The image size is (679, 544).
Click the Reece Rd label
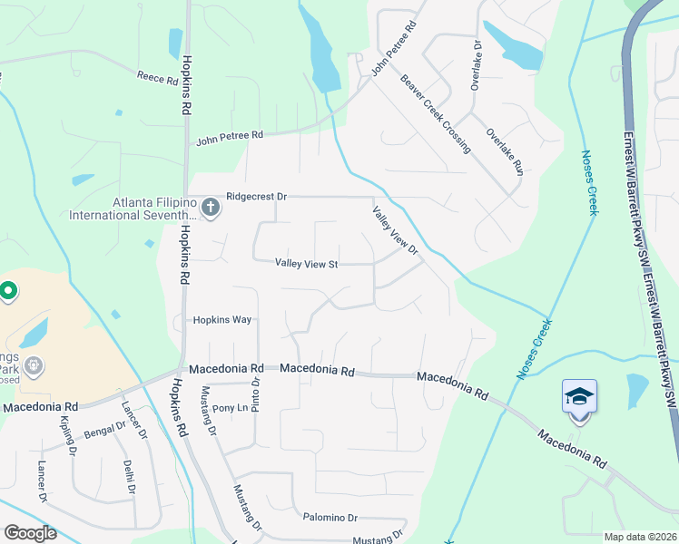tap(158, 79)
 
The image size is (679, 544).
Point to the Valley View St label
tap(307, 264)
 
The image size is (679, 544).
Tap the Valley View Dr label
tap(394, 230)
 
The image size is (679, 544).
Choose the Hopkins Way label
tap(221, 320)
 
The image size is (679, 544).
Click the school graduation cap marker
tap(580, 398)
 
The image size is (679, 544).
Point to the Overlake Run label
tap(505, 151)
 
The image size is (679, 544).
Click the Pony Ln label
tap(230, 408)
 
